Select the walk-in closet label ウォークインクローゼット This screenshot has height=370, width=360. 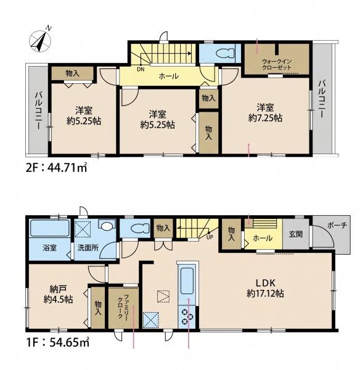pos(277,64)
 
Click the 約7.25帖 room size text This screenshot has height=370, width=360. pos(265,118)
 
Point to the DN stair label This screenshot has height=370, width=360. pos(141,69)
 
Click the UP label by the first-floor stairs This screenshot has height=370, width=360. pos(210,237)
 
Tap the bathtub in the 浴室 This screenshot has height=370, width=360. pos(50,228)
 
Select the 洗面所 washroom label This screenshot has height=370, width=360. pos(88,249)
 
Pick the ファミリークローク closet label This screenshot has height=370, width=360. pos(123,306)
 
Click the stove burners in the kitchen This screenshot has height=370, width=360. pos(187,316)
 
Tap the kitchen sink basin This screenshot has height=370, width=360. pos(187,281)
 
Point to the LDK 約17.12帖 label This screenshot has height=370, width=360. pos(266,288)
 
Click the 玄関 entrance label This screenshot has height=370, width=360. pos(296,234)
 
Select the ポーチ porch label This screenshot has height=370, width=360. pos(337,225)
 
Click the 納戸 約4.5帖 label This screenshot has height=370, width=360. pos(58,294)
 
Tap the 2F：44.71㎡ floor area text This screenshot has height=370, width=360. pos(56,168)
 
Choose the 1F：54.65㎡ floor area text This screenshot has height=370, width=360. pos(58,342)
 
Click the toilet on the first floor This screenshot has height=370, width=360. pos(139,228)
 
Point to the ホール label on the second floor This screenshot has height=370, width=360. pos(169,76)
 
